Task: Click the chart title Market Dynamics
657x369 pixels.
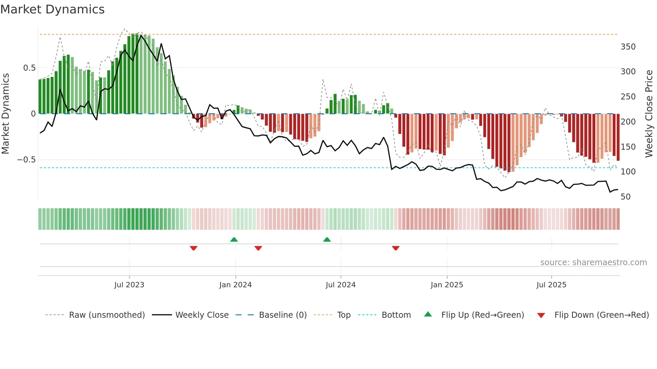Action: tap(53, 9)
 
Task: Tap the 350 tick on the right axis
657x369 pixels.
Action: tap(628, 47)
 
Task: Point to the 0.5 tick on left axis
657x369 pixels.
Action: tap(29, 68)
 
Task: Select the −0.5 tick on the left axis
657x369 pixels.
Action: tap(26, 160)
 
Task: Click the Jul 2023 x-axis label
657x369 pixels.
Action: tap(129, 285)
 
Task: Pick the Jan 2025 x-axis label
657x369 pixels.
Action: tap(446, 285)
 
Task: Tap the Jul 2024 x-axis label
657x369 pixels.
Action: tap(340, 285)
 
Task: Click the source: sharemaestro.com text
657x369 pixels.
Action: tap(593, 263)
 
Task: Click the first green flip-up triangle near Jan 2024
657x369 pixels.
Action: tap(234, 240)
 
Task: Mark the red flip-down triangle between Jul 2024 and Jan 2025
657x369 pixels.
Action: tap(396, 248)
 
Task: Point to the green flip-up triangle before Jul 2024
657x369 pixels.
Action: tap(327, 240)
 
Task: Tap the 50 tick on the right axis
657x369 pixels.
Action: tap(625, 197)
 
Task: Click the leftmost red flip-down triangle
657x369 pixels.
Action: tap(193, 248)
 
